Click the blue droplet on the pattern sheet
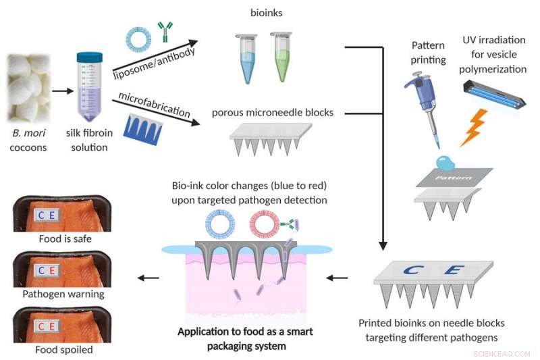[x=445, y=161]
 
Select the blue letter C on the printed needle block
[x=412, y=272]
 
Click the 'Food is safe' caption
[x=64, y=238]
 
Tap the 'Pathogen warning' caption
[x=64, y=294]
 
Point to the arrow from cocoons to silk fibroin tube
[x=60, y=88]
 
